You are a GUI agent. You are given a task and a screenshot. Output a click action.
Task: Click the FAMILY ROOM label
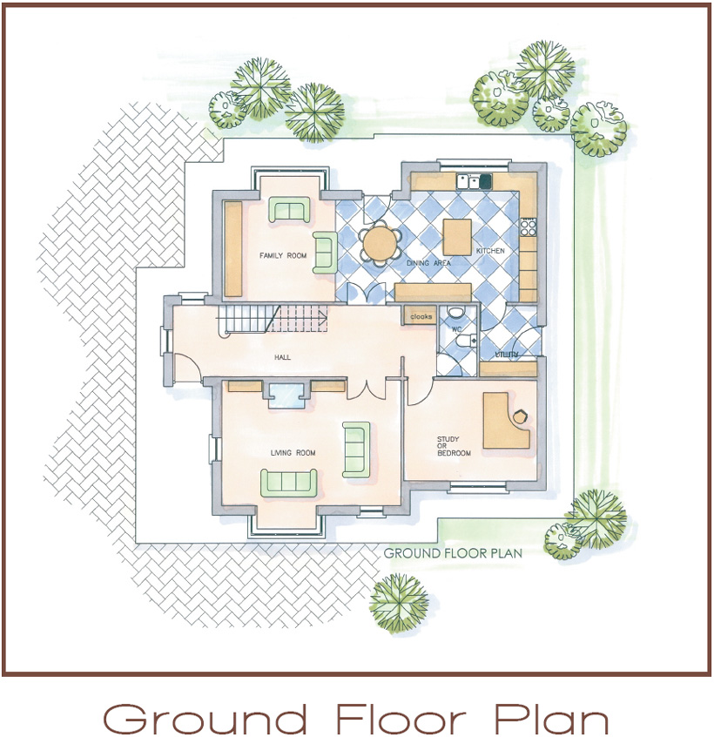coord(283,256)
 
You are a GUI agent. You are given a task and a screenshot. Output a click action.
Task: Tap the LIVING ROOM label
coord(293,453)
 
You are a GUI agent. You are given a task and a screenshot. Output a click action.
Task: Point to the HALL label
coord(282,357)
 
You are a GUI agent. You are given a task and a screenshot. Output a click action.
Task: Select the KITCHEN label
coord(490,251)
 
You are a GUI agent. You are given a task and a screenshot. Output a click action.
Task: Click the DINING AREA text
coord(428,263)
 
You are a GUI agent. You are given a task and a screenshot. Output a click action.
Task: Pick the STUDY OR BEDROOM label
coord(454,446)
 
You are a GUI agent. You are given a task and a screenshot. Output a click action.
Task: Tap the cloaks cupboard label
coord(421,317)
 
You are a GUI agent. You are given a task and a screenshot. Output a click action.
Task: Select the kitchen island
coord(457,237)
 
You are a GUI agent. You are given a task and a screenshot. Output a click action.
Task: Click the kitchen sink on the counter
coord(474,181)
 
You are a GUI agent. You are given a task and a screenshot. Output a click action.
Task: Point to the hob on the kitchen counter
coord(529,227)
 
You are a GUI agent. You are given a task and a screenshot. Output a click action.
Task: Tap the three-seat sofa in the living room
coord(289,483)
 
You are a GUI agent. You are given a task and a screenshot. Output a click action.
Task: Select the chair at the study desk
coord(520,416)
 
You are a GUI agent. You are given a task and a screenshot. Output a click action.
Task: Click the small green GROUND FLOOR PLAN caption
coord(453,553)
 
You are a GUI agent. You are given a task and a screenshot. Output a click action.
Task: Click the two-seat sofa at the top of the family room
coord(289,210)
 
